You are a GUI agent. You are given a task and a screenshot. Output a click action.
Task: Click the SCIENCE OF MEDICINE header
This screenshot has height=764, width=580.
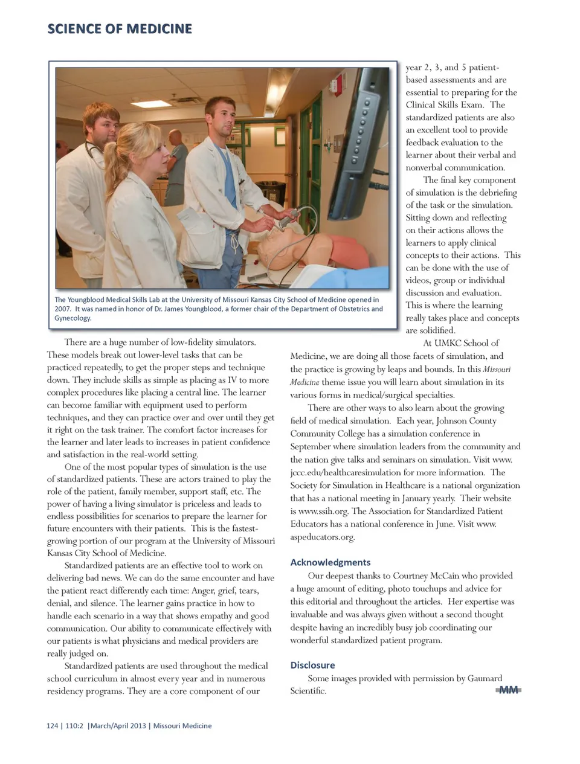coord(120,28)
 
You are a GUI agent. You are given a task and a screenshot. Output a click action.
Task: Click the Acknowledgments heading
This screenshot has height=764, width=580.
coord(330,562)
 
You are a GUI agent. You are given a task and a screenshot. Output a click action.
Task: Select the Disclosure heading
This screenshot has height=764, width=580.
coord(312,665)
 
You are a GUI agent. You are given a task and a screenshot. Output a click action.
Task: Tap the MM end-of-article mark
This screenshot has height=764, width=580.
coord(508,690)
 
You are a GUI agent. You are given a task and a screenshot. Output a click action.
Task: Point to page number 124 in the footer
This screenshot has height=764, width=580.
coord(52,725)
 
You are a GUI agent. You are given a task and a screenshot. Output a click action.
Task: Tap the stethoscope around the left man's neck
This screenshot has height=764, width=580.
coord(95,149)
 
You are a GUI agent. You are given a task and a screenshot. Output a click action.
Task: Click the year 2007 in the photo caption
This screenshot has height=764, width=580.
coord(62,309)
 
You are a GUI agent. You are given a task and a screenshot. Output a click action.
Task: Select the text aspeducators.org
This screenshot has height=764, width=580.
coord(322,536)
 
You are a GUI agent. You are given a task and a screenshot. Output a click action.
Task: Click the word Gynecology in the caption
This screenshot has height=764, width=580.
coord(72,318)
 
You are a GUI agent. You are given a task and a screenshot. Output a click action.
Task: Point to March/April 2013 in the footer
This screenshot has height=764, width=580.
coord(118,725)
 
